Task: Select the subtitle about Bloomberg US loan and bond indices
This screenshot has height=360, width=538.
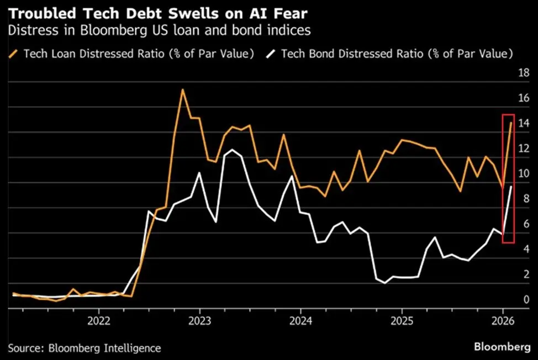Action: [159, 30]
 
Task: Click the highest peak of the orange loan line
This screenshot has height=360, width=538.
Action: [182, 89]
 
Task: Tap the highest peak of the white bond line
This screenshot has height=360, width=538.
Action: [233, 150]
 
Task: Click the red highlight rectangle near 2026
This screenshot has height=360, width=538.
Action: [508, 178]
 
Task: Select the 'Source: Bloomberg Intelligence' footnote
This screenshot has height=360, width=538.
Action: [85, 348]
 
